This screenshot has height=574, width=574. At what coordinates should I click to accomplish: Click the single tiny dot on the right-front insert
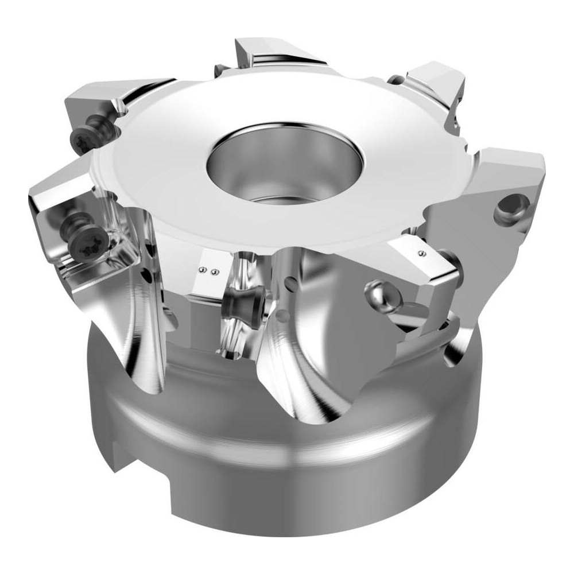pos(421,253)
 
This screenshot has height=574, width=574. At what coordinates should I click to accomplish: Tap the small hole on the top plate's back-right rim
pos(394,79)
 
